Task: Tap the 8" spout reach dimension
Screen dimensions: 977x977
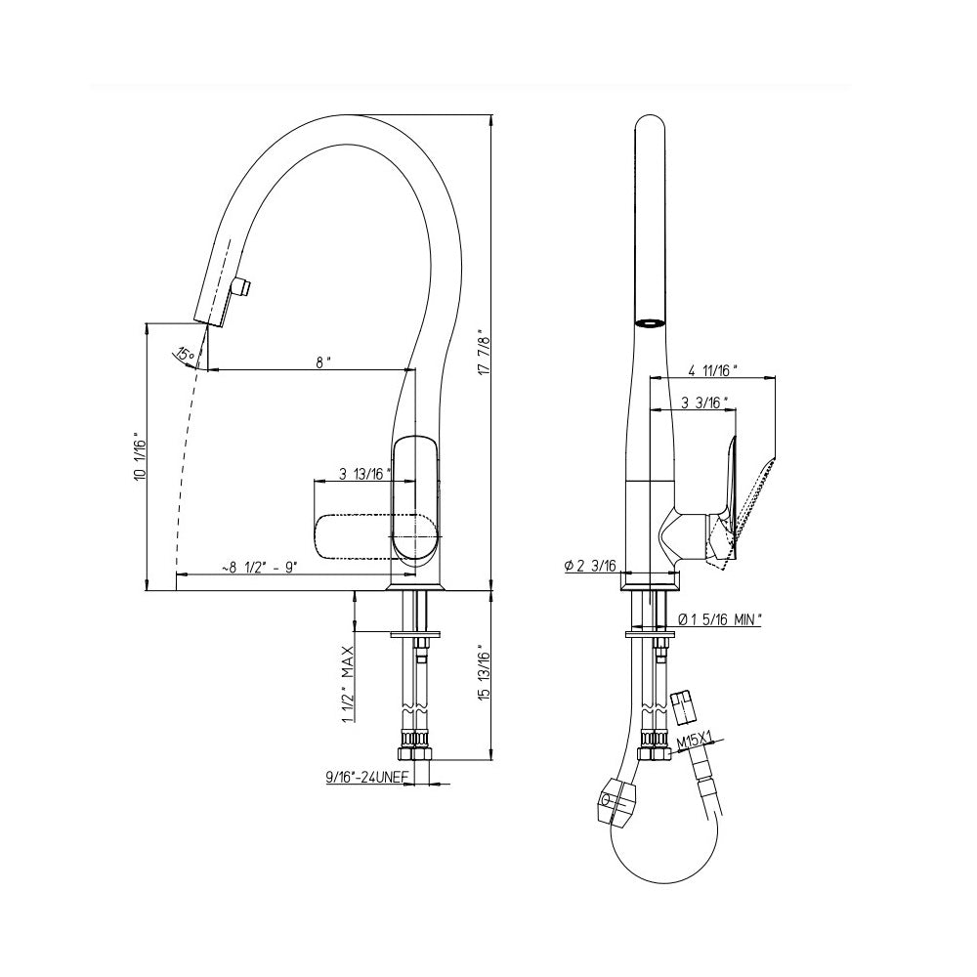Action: point(323,361)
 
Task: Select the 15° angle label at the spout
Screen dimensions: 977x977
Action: point(184,354)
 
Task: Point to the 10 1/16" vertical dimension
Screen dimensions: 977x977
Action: point(140,457)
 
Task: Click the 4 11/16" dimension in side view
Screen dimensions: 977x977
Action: point(713,370)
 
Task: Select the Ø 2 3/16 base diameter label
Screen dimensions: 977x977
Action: point(589,566)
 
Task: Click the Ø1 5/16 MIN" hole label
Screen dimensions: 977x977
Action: point(721,618)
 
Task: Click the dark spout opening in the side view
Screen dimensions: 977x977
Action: point(649,320)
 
